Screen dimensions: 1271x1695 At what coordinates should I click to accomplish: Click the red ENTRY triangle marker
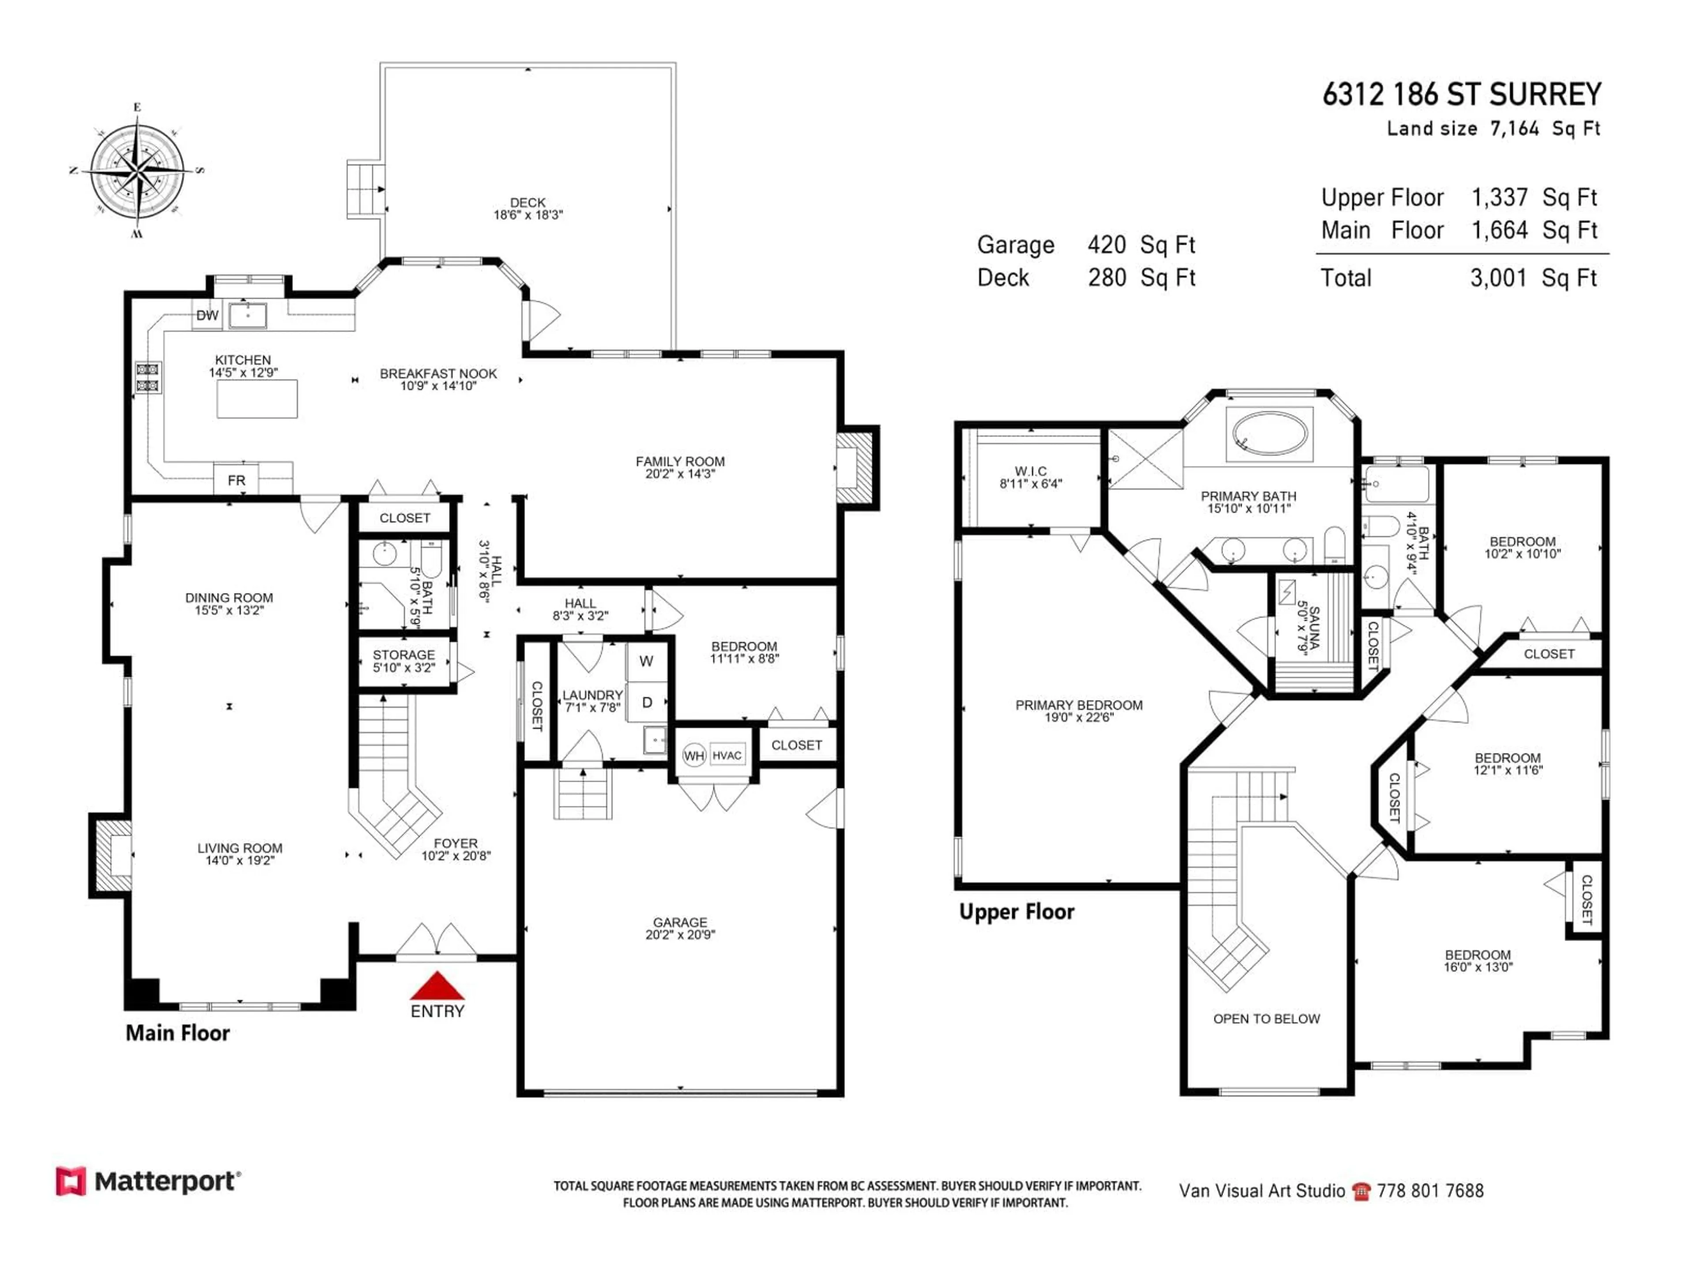tap(437, 986)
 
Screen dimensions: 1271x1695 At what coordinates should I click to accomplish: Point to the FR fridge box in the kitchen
tap(236, 480)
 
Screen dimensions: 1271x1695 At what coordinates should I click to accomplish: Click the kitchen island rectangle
tap(257, 399)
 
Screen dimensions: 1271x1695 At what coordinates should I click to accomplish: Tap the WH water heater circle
tap(693, 756)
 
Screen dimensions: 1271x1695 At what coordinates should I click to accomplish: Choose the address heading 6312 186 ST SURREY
tap(1461, 95)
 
